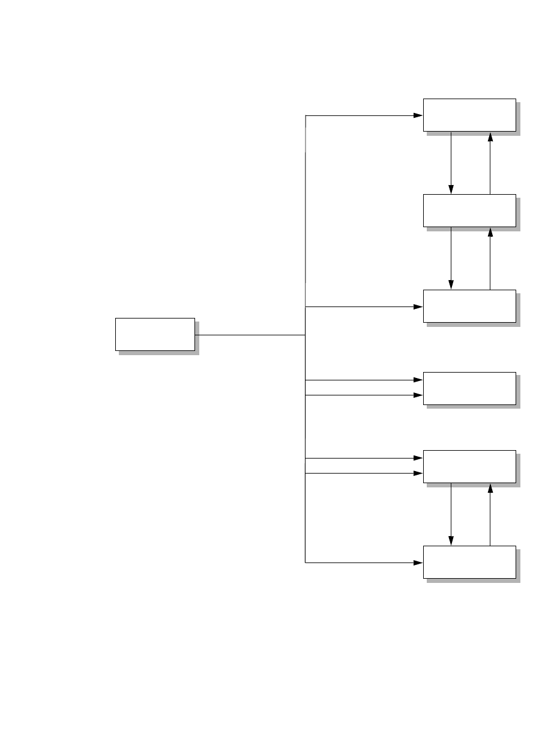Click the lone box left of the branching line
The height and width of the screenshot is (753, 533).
155,334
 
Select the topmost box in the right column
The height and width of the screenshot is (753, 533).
469,115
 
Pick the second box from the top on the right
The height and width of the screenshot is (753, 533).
469,210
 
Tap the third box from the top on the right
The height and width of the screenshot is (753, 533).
469,306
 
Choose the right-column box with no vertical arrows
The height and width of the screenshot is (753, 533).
469,388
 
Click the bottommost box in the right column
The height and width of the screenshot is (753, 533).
469,562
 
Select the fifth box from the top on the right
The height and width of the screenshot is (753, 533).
469,466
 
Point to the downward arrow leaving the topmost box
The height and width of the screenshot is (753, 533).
451,162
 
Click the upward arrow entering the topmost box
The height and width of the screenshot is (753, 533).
490,162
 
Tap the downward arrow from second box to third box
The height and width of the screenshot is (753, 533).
451,258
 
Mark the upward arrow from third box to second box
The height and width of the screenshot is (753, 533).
490,258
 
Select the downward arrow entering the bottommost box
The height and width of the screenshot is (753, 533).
451,514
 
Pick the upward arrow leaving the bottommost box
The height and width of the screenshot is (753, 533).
490,514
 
